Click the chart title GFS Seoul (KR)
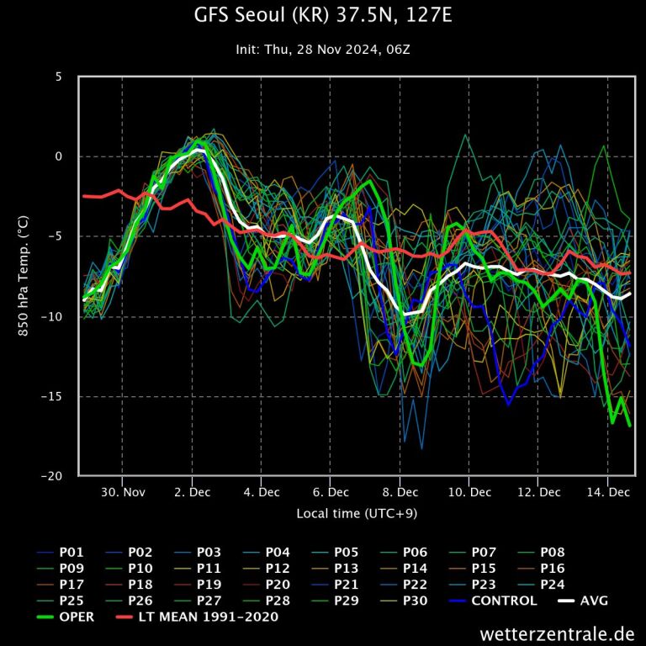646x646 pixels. (x=322, y=16)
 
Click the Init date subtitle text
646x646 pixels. (x=322, y=50)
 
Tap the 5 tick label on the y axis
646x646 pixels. (x=59, y=77)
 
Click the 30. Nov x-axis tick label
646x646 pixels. (x=122, y=492)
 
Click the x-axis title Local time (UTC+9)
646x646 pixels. (x=357, y=512)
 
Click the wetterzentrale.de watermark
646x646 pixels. (x=557, y=633)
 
